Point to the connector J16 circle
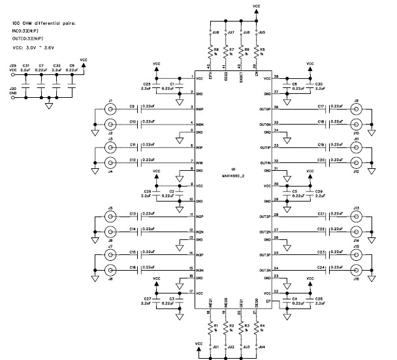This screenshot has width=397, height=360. point(357,269)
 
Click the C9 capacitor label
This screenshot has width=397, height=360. point(132,105)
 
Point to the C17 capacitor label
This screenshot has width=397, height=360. point(321,105)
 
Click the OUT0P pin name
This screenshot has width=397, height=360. point(264,109)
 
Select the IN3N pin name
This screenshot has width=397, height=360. point(200,269)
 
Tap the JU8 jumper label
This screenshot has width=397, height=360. point(216,31)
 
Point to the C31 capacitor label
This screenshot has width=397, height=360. point(26,66)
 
